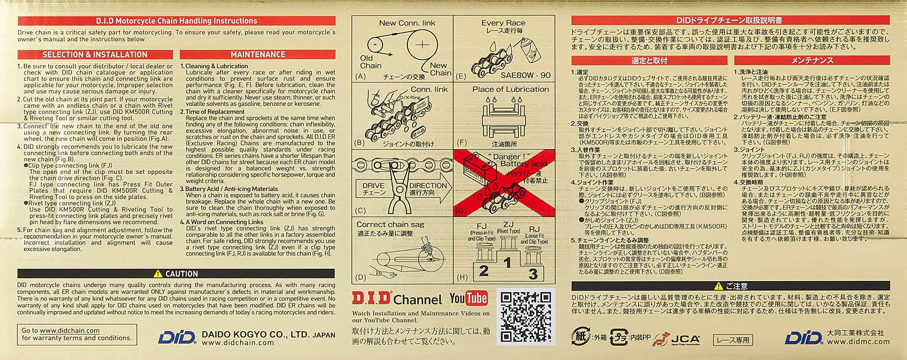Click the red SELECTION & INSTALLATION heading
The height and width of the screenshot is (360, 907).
95,55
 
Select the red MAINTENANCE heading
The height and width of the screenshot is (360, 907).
258,55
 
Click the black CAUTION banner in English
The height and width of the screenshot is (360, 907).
176,274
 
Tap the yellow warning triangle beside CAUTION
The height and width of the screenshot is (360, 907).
158,274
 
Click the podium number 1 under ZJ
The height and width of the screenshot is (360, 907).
508,263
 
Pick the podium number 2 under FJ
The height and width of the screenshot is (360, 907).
484,271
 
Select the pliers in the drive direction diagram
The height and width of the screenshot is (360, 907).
402,191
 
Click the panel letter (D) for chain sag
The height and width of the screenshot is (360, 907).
360,277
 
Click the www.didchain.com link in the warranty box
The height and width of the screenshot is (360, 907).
70,331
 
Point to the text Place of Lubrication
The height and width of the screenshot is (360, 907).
510,89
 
